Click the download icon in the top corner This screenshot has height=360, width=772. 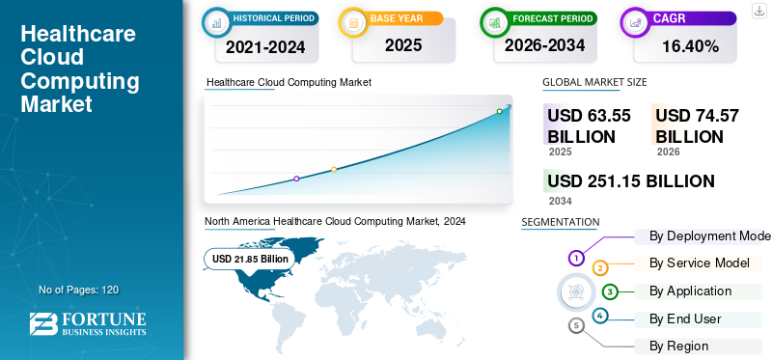point(758,11)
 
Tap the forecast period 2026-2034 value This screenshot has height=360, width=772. point(544,45)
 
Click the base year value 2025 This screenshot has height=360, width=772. point(403,45)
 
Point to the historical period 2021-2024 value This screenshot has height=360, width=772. point(265,46)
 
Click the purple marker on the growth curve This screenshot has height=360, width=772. point(296,179)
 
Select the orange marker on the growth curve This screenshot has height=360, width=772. point(334,170)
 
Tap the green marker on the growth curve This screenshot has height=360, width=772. point(499,111)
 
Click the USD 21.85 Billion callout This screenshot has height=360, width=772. point(250,259)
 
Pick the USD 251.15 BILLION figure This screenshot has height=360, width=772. point(631,180)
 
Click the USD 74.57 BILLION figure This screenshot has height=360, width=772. point(697,125)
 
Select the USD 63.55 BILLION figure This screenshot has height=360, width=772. point(590,125)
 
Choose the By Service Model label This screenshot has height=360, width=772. point(699,263)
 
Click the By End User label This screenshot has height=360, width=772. point(685,319)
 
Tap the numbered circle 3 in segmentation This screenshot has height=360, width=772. point(610,291)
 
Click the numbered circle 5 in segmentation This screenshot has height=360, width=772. point(576,325)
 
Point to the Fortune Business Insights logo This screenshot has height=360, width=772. point(88,323)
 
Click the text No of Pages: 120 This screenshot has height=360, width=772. point(79,290)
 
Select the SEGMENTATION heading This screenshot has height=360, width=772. point(561,222)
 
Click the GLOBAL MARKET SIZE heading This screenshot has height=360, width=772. point(594,82)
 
